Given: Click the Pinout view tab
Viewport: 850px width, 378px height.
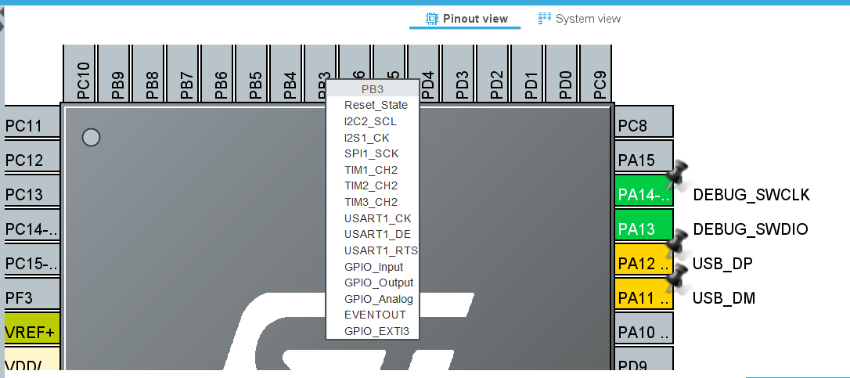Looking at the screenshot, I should [x=466, y=19].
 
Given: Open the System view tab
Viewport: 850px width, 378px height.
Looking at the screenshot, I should [x=579, y=19].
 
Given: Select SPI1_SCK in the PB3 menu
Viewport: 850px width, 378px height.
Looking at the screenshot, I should [x=371, y=153].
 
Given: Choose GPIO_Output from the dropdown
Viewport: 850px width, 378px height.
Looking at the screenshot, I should [x=378, y=283].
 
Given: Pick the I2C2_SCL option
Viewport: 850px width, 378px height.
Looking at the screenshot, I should [x=369, y=121].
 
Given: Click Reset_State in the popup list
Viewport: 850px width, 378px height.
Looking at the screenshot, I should [x=375, y=105].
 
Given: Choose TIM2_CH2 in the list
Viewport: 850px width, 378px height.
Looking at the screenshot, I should [x=370, y=185].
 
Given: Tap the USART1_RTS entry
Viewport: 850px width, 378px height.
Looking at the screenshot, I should [x=380, y=250].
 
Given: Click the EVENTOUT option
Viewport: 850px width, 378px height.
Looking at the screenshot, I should [x=371, y=315].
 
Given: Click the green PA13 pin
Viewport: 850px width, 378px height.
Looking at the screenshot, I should [x=643, y=229].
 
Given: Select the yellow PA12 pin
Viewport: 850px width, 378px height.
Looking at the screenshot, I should [x=643, y=263].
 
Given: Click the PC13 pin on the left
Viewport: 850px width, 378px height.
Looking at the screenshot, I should [x=32, y=194].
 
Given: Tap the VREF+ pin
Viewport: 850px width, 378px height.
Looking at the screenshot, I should [x=32, y=332].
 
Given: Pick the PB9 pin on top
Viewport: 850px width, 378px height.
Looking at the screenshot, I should [x=117, y=75].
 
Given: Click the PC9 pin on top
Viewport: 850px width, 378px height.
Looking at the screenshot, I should [x=599, y=75].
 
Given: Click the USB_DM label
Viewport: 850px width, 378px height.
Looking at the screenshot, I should [x=723, y=298].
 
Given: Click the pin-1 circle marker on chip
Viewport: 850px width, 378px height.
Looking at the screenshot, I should [x=92, y=138].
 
